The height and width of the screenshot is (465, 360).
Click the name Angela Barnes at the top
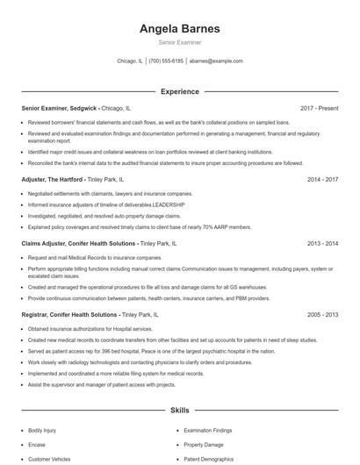click(x=179, y=29)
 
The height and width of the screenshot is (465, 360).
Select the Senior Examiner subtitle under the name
click(x=179, y=43)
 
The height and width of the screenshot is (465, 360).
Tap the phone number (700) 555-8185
click(x=166, y=61)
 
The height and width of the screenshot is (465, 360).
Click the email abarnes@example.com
click(x=215, y=61)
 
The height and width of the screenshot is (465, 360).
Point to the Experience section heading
click(x=179, y=91)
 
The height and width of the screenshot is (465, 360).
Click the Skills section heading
click(x=179, y=410)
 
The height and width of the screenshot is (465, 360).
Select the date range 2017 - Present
click(x=319, y=109)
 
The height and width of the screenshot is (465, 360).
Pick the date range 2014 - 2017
click(x=322, y=179)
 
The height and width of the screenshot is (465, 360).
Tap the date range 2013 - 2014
click(x=322, y=243)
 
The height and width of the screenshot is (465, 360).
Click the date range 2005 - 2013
click(x=322, y=313)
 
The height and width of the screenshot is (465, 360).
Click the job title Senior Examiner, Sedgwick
click(x=60, y=109)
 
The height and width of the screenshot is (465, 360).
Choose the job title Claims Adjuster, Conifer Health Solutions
click(x=78, y=243)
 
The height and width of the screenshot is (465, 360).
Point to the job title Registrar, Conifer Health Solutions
click(x=72, y=313)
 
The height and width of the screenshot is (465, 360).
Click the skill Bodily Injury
click(x=41, y=432)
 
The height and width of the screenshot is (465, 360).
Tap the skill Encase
click(x=37, y=445)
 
